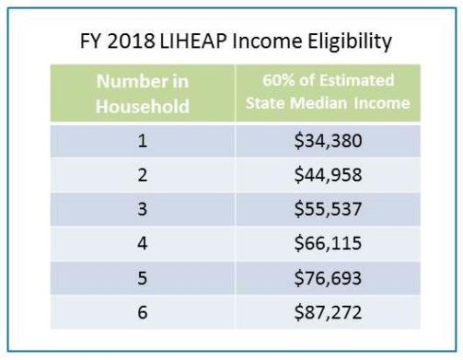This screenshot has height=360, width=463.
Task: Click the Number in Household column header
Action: coord(143,93)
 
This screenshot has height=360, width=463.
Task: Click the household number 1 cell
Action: coord(143,143)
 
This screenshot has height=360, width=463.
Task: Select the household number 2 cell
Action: coord(143,176)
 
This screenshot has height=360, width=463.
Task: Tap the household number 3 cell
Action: coord(143,209)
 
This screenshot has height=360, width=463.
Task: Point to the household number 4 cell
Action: coord(143,243)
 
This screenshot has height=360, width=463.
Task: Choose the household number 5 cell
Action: coord(143,277)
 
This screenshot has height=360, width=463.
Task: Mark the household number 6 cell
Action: coord(143,311)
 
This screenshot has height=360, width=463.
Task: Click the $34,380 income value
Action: coord(327,143)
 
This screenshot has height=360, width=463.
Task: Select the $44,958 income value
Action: coord(327,176)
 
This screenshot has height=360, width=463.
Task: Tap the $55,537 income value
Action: coord(327,209)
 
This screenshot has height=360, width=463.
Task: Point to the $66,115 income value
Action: coord(327,243)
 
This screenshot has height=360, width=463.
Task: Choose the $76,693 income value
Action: coord(327,277)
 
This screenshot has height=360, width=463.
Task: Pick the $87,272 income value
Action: coord(327,311)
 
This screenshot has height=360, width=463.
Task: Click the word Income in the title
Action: coord(258,42)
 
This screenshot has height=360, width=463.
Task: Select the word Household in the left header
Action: coord(143,105)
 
